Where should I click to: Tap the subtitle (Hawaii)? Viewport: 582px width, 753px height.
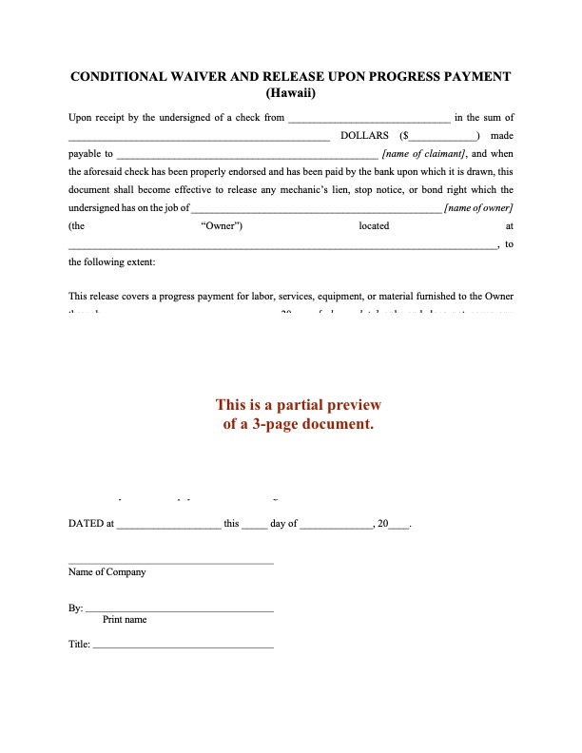[291, 93]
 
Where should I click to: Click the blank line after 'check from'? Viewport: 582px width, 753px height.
[368, 118]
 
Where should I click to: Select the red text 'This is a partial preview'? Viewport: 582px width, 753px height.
[298, 405]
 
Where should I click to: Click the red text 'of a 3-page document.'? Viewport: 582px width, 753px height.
[298, 424]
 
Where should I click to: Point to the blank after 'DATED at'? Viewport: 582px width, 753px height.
[167, 524]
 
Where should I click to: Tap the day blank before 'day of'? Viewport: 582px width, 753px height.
[254, 524]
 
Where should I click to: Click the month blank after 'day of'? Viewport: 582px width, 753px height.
[336, 524]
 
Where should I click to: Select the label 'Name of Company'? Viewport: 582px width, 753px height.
[107, 572]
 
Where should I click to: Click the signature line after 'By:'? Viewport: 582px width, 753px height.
[180, 608]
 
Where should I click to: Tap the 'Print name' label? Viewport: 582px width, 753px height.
[125, 619]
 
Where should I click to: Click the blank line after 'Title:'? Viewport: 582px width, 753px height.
[183, 646]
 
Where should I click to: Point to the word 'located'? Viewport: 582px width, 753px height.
[374, 225]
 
